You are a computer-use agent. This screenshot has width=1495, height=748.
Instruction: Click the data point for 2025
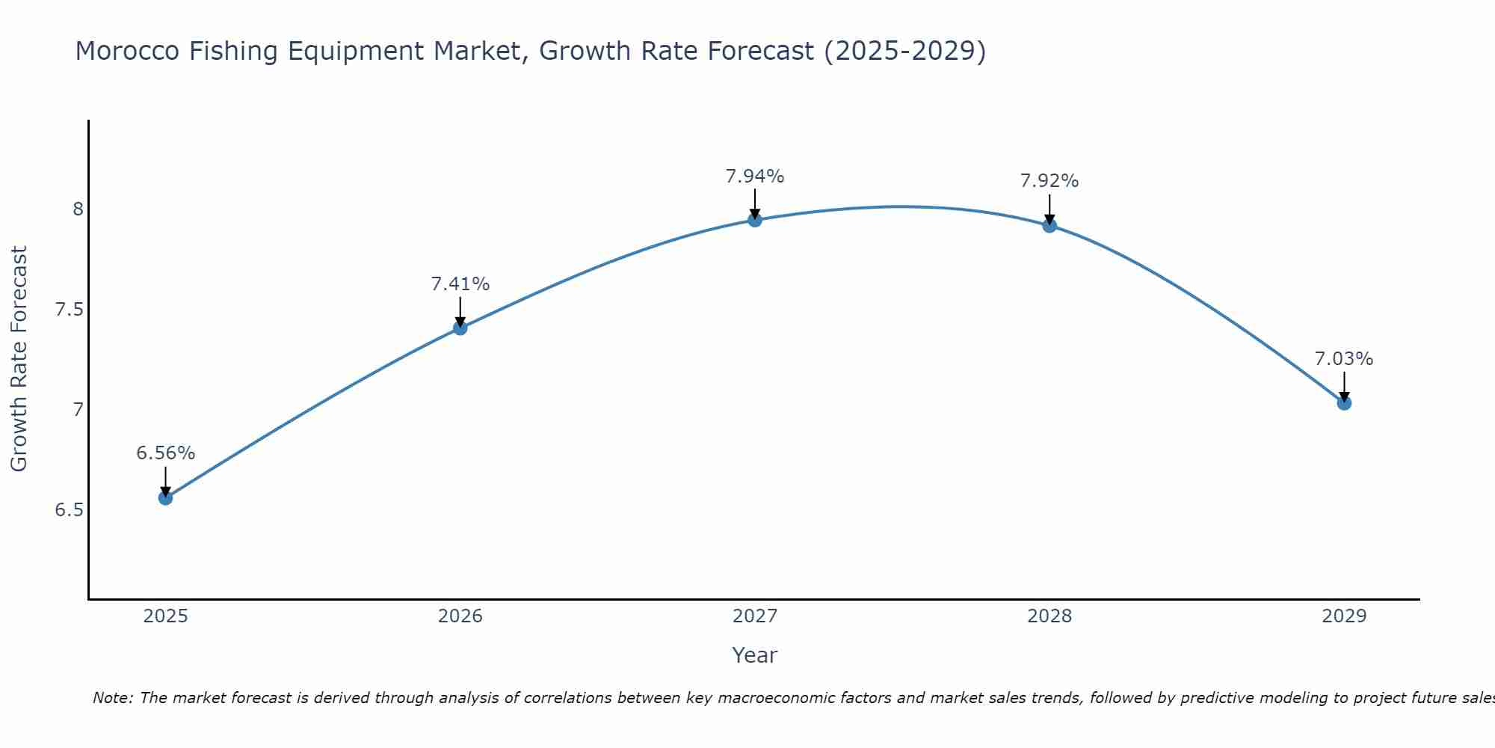coord(165,497)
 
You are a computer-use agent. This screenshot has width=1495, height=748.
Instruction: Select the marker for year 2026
coord(460,328)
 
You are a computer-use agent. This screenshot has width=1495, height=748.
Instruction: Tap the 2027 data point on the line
coord(754,219)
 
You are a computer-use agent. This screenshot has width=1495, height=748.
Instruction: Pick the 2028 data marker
coord(1049,225)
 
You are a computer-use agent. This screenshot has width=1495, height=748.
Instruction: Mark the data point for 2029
coord(1343,403)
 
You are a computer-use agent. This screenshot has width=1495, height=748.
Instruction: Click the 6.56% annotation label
coord(165,453)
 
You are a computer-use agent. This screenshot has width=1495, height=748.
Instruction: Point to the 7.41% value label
coord(460,284)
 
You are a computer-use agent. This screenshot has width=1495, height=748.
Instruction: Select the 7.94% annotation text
coord(754,177)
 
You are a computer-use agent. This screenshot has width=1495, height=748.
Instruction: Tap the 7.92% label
coord(1049,181)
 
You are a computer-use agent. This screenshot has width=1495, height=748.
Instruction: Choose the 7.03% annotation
coord(1343,359)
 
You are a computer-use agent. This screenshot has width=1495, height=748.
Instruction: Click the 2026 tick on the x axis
coord(460,616)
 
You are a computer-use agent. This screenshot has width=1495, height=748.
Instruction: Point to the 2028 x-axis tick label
coord(1049,616)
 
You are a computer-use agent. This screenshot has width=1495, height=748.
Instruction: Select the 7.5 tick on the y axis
coord(70,310)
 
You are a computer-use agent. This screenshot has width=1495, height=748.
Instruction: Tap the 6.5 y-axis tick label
coord(70,510)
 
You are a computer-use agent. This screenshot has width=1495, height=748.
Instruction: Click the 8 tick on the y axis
coord(78,209)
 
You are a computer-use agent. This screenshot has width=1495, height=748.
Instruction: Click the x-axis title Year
coord(754,655)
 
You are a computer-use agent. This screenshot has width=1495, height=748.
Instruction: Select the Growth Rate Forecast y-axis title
coord(19,359)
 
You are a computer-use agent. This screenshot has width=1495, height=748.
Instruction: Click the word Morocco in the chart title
coord(127,51)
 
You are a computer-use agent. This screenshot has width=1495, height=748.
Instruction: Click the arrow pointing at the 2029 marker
coord(1343,385)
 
